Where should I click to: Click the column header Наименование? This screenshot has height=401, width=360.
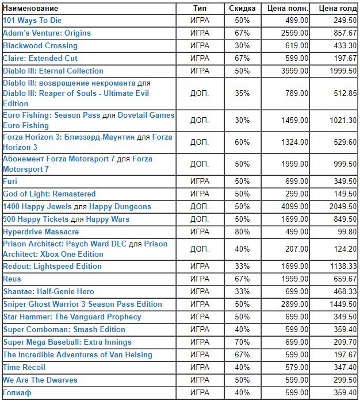pos(30,9)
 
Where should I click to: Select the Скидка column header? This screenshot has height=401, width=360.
pos(242,9)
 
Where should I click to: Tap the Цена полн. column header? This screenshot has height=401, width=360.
pos(288,9)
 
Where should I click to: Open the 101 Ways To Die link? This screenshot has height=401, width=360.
pos(32,21)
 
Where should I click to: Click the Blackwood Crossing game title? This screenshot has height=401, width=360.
pos(40,46)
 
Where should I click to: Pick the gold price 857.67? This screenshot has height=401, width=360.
pos(345,33)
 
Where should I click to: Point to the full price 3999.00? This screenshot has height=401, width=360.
pos(294,71)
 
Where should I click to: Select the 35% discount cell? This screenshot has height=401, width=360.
pos(242,93)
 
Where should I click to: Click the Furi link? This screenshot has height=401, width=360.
pos(10,182)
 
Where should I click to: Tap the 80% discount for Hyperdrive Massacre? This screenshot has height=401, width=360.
pos(242,232)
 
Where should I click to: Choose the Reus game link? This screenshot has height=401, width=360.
pos(12,279)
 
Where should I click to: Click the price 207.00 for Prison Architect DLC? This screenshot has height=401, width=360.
pos(297,249)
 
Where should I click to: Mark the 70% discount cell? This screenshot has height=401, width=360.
pos(242,342)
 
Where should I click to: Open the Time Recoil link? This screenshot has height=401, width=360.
pos(24,367)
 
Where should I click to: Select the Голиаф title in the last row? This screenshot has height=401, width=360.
pos(17,392)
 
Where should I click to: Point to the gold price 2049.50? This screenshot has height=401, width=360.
pos(343,206)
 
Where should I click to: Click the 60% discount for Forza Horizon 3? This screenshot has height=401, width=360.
pos(242,142)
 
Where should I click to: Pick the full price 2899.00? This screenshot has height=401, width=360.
pos(294,304)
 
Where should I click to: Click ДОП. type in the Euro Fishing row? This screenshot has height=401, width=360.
pos(200,121)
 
